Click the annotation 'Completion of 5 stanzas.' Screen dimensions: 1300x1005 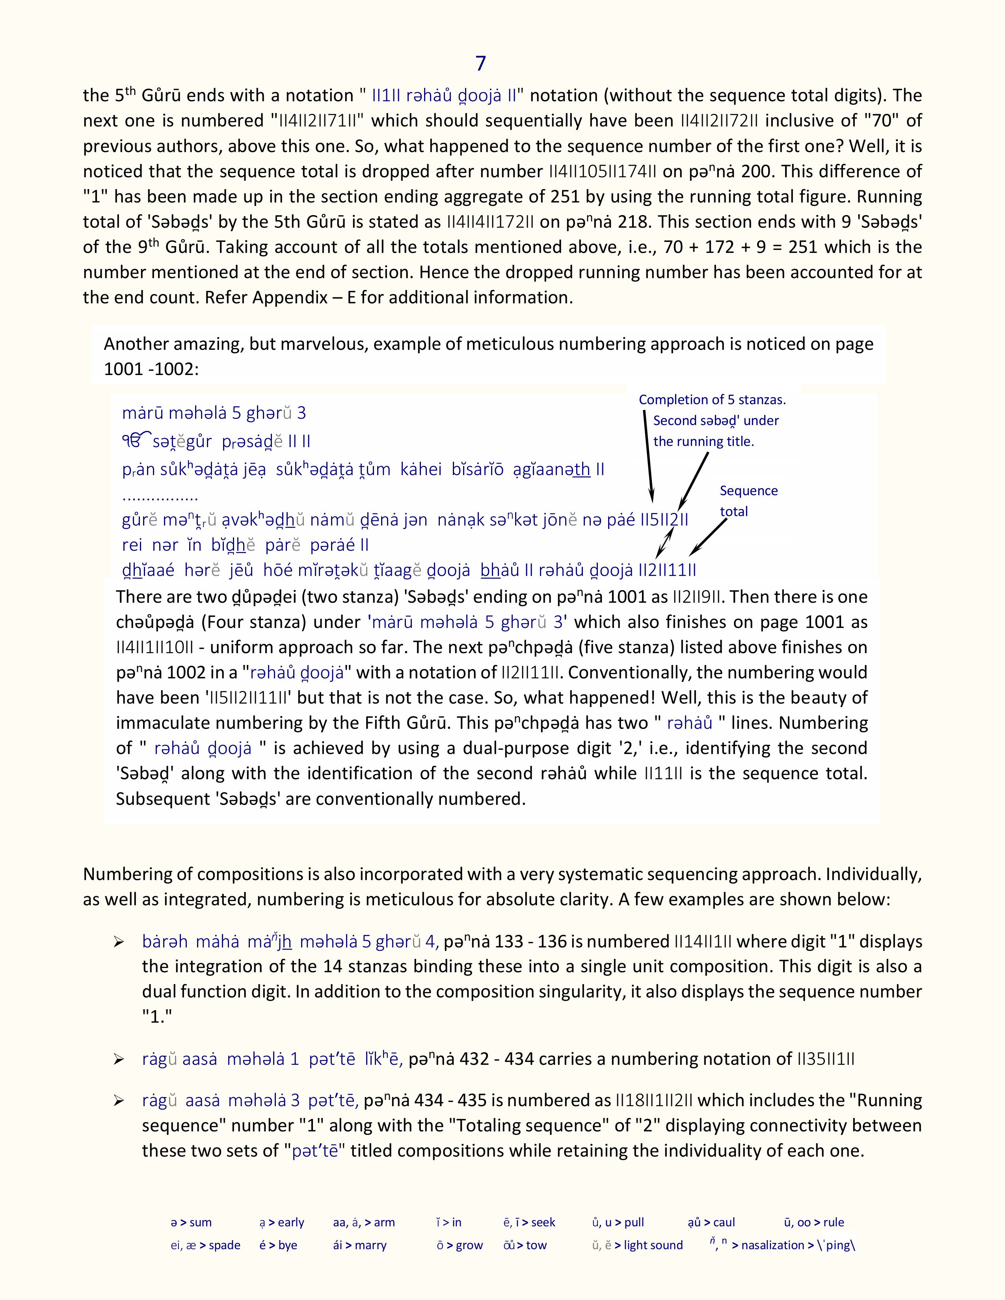(712, 399)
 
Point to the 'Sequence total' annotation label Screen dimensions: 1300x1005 (748, 501)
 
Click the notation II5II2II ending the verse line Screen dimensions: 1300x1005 (664, 520)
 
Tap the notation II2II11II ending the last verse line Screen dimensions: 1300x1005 (667, 570)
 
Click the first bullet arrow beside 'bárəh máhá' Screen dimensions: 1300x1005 (119, 942)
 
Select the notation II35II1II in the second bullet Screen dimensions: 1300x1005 (825, 1059)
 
